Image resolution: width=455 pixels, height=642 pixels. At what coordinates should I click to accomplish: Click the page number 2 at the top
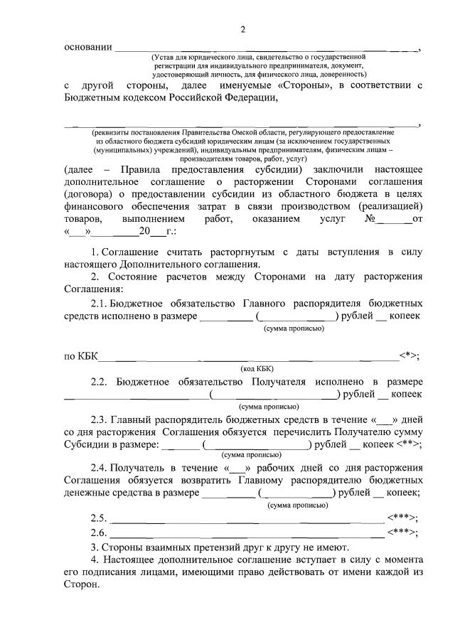(x=242, y=29)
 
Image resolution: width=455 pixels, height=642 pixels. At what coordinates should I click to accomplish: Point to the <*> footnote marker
(x=409, y=355)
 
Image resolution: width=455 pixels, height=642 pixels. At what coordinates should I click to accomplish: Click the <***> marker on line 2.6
(x=402, y=533)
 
